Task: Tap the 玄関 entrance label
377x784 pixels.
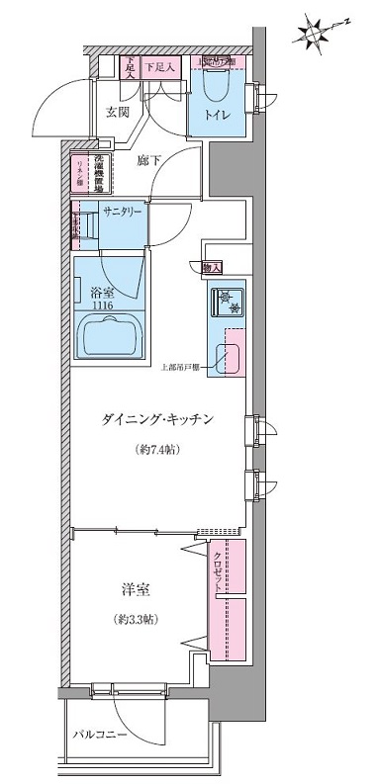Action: (118, 112)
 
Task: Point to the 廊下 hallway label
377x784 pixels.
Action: (148, 159)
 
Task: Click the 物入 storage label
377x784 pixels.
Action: (212, 267)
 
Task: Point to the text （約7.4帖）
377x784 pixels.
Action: (158, 451)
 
